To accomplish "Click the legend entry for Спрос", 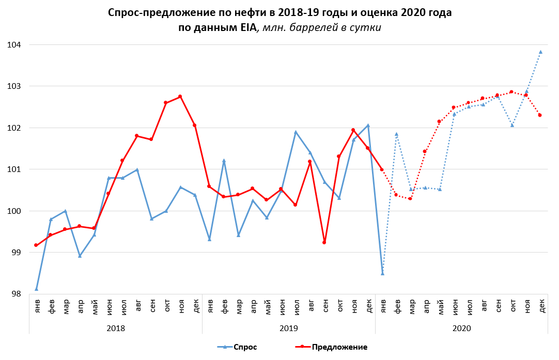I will point(244,347).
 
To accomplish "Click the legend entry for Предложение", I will point(339,347).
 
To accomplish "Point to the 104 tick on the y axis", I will point(14,45).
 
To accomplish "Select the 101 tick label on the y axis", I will point(14,169).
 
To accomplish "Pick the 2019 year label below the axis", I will point(288,327).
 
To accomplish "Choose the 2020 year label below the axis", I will point(461,327).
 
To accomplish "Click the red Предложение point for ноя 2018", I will point(180,97).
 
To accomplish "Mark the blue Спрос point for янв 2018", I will point(36,289).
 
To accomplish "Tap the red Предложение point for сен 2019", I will point(324,242).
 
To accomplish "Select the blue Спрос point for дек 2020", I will point(540,52).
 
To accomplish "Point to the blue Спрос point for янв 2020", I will point(382,273).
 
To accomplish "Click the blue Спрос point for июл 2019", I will point(296,132).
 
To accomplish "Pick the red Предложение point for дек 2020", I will point(540,115).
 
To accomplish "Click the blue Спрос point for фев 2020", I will point(397,134).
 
